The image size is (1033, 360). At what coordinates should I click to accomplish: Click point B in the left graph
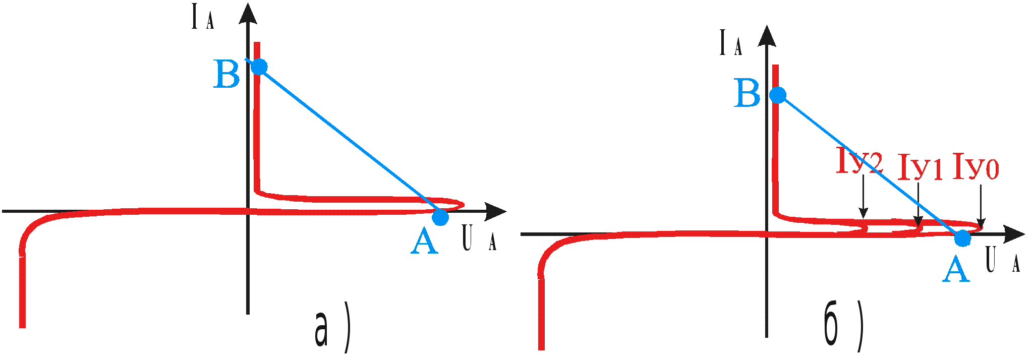[x=259, y=66]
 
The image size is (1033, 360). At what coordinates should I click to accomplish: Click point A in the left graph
[x=440, y=217]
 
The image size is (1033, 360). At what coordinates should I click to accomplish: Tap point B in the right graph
[x=778, y=95]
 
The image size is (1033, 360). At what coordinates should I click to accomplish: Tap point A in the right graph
[x=962, y=238]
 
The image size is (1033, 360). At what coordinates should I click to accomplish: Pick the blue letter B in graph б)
[x=748, y=94]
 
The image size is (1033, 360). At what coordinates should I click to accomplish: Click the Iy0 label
[x=975, y=167]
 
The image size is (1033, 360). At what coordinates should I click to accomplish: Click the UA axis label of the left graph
[x=478, y=239]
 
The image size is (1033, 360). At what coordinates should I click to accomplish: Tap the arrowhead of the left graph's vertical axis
[x=248, y=12]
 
